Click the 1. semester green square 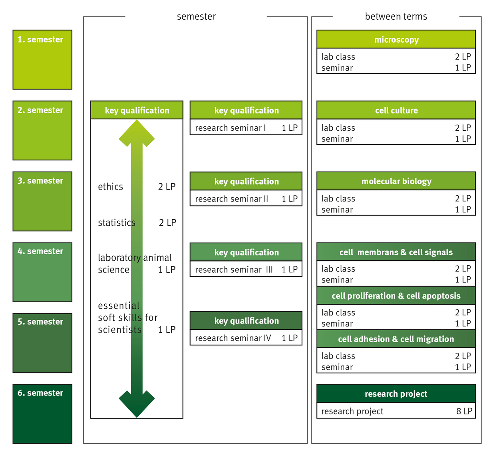click(x=42, y=60)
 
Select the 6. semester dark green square click(x=42, y=414)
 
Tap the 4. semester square click(x=42, y=272)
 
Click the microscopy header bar click(x=396, y=39)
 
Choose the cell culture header click(x=396, y=110)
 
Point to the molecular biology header click(x=396, y=181)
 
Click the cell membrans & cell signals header click(x=396, y=252)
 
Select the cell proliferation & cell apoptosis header click(x=396, y=296)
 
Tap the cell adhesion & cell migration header click(x=396, y=339)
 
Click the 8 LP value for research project click(x=464, y=411)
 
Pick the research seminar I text click(x=230, y=128)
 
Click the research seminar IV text click(x=233, y=338)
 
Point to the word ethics click(x=111, y=187)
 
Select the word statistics click(x=117, y=222)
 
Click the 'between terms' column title click(x=396, y=16)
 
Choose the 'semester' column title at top click(x=196, y=16)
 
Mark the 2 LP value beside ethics click(x=167, y=187)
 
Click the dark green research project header click(x=396, y=394)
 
